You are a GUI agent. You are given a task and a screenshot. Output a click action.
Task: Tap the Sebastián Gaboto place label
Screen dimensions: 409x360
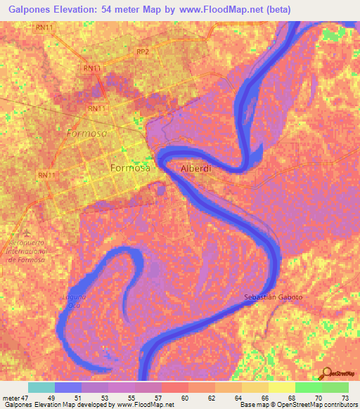[x=274, y=297]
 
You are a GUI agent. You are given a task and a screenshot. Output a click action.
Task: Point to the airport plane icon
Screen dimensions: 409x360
[x=27, y=233]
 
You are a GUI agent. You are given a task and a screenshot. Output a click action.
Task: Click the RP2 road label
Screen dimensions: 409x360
[x=143, y=51]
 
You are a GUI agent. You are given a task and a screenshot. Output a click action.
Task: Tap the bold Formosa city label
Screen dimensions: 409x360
[x=130, y=169]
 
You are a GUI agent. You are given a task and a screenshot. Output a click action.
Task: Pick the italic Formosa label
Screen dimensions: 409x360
[x=86, y=133]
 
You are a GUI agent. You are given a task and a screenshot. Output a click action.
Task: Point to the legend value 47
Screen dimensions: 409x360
[x=27, y=397]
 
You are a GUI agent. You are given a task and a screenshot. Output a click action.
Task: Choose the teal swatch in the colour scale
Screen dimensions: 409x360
[x=41, y=387]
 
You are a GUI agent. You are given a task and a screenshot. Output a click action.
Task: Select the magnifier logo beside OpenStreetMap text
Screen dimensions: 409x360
[x=326, y=374]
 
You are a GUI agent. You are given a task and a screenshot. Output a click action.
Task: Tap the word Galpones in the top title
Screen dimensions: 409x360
[x=29, y=10]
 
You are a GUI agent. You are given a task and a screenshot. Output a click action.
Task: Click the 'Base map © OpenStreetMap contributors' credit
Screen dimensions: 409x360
[x=297, y=405]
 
